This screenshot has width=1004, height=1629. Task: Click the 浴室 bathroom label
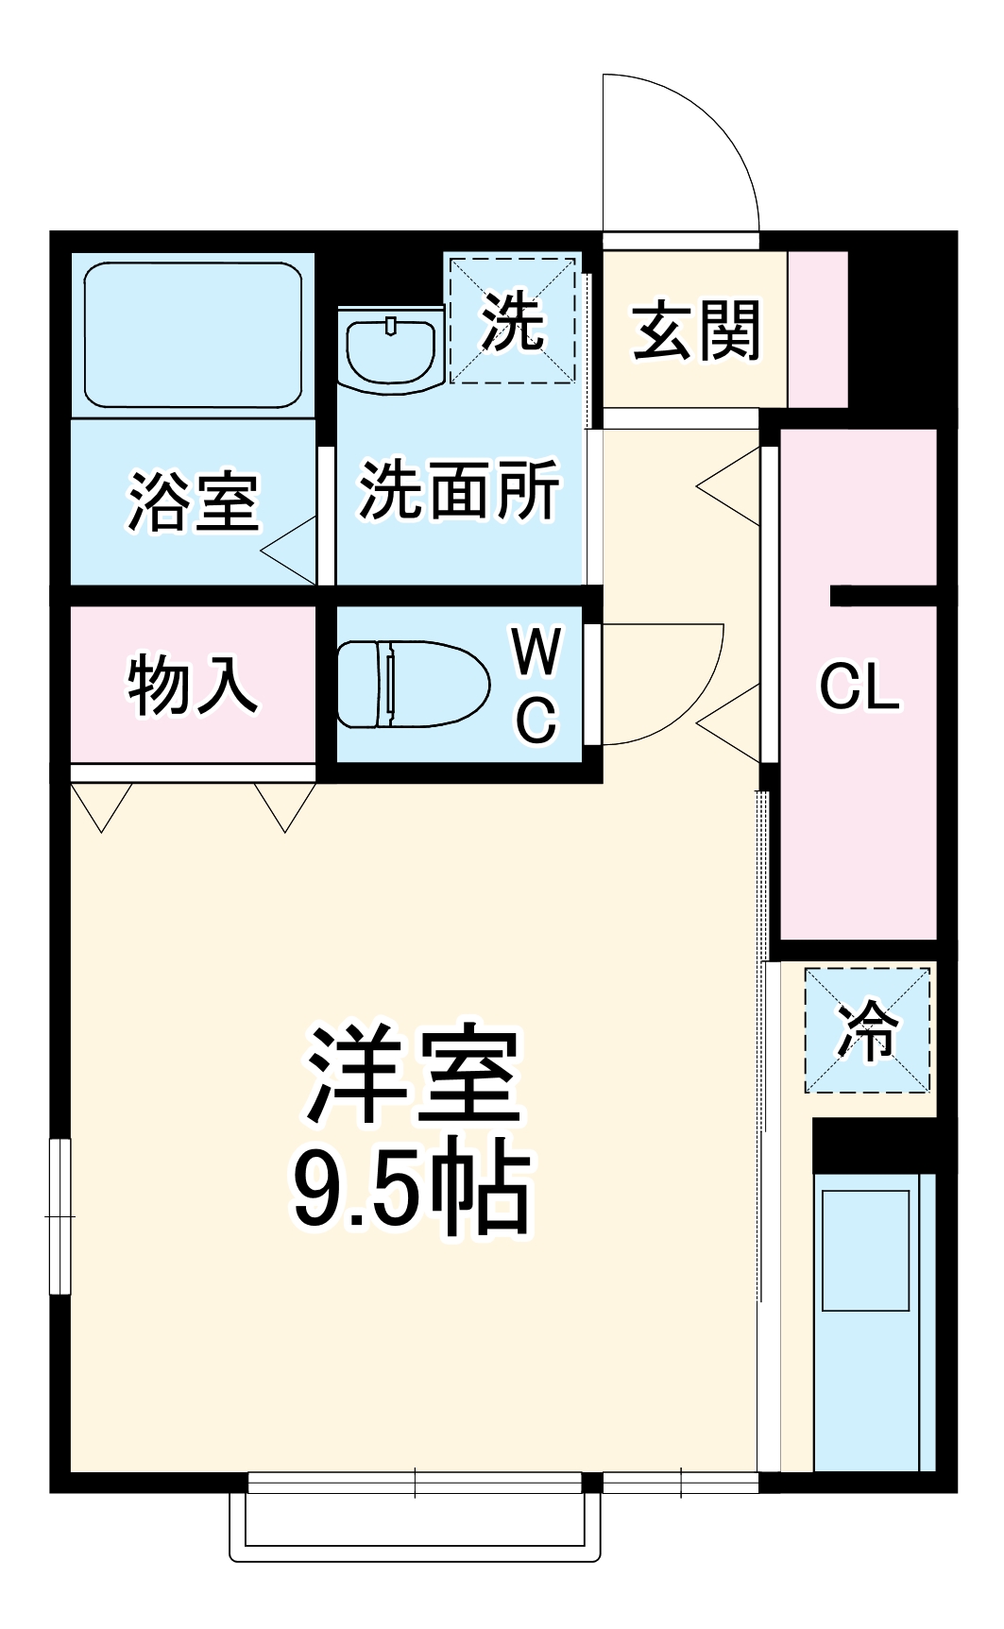point(194,501)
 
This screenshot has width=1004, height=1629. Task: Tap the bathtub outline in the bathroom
point(193,334)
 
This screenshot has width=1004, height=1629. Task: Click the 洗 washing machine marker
point(512,321)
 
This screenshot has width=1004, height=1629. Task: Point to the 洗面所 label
point(459,490)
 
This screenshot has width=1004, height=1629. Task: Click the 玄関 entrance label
point(696,331)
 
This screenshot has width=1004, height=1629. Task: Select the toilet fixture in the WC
point(412,684)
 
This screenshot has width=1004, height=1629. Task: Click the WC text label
point(536,685)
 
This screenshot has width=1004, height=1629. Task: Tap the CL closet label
point(859,686)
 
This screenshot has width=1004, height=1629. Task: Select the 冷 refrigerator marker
point(867,1029)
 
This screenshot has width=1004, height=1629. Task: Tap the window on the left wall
point(60,1215)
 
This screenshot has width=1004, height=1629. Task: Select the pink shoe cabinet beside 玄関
point(818,330)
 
